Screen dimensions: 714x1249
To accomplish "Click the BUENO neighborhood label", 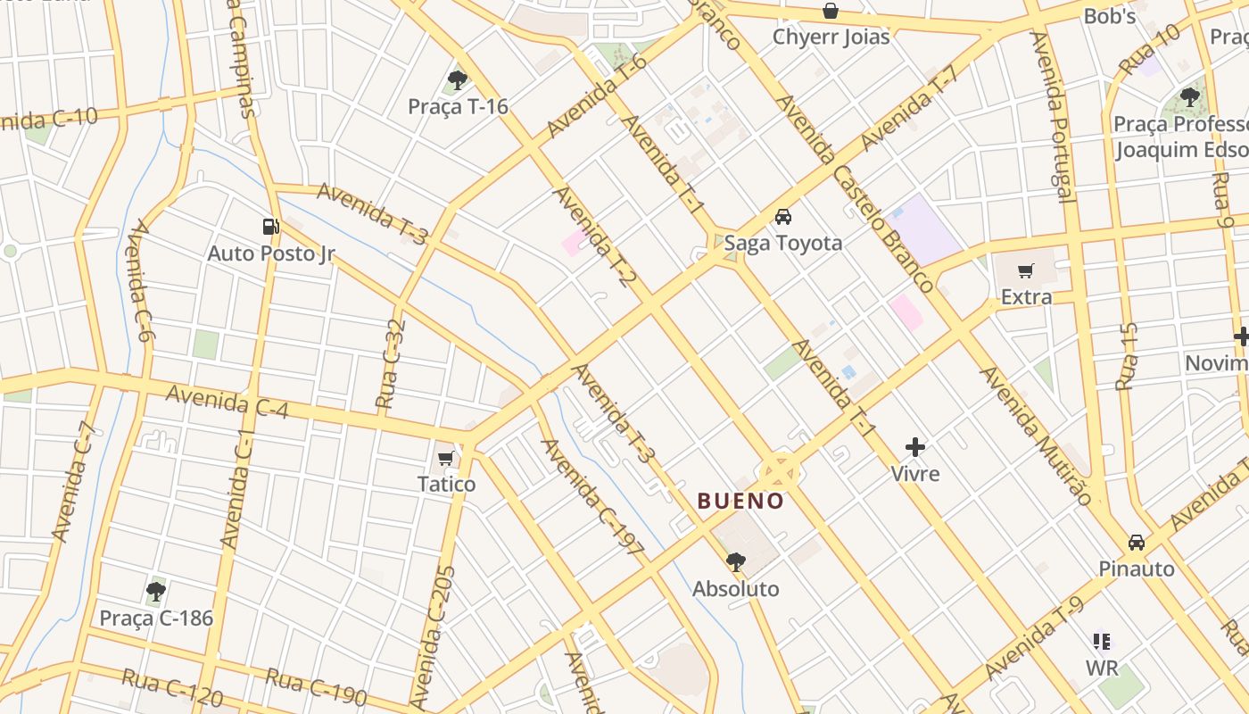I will coord(740,501).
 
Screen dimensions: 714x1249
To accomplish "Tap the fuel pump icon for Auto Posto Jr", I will coord(270,227).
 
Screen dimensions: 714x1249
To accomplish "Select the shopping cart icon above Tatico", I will coord(446,459).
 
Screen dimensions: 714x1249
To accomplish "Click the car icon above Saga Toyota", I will coord(782,217).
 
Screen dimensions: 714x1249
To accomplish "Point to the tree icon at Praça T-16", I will coord(458,80).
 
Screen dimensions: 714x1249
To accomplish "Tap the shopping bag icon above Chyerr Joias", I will coord(831,11).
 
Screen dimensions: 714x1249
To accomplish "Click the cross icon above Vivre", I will coord(915,447).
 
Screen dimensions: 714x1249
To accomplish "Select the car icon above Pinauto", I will coord(1137,543).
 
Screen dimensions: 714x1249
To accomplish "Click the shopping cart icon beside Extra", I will coord(1026,270).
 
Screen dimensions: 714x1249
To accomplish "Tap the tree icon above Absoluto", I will coord(736,562).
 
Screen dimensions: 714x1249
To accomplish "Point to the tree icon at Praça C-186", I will coord(156,591).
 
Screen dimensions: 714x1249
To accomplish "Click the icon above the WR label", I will coord(1102,642).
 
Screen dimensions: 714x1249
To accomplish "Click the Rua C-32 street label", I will coord(392,364).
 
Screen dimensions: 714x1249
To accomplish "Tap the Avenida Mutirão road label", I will coord(1036,436).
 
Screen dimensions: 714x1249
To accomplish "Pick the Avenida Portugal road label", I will coord(1054,116).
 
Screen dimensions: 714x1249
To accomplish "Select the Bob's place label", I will coord(1110,16).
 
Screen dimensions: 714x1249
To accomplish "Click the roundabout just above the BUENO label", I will coord(778,470).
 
